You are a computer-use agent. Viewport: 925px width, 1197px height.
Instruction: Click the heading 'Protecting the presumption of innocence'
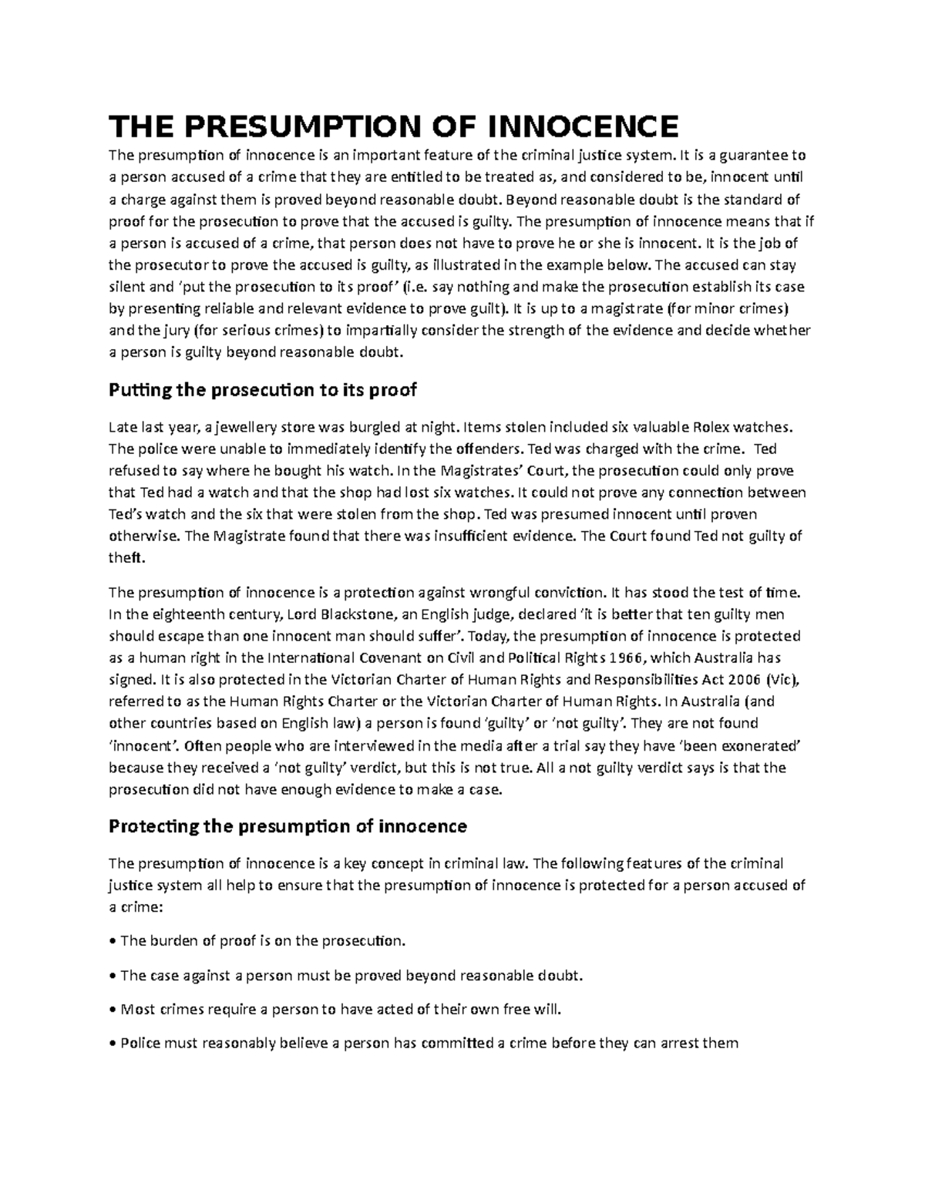pyautogui.click(x=288, y=826)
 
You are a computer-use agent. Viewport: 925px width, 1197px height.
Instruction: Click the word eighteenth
pyautogui.click(x=184, y=614)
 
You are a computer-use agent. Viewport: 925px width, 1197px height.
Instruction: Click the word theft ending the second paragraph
pyautogui.click(x=126, y=557)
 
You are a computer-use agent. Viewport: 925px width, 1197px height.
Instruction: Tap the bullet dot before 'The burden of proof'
pyautogui.click(x=114, y=941)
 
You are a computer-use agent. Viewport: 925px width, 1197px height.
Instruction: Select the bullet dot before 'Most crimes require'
pyautogui.click(x=114, y=1009)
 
